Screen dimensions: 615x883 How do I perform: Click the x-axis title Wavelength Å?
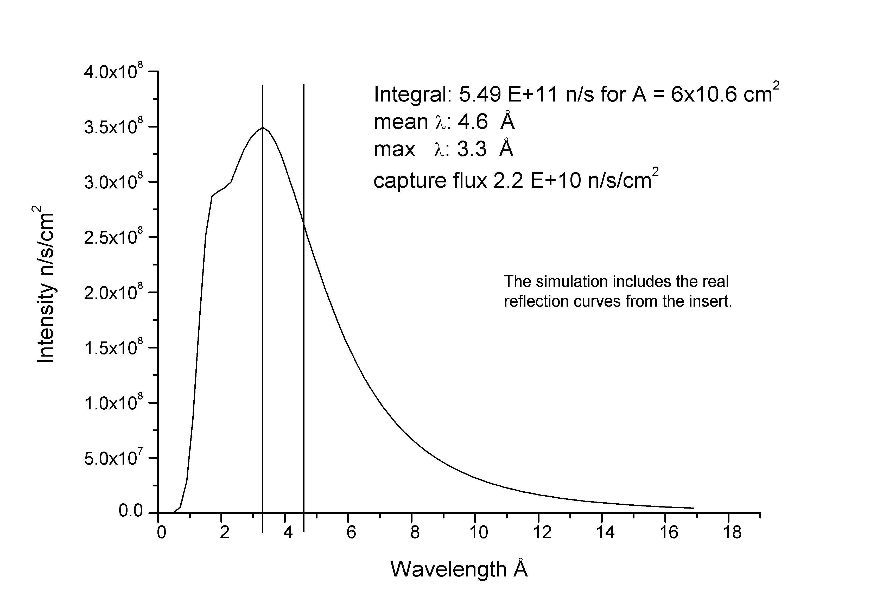[459, 569]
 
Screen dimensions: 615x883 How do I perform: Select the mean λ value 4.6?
[473, 122]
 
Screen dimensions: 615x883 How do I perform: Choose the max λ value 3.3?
[472, 149]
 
